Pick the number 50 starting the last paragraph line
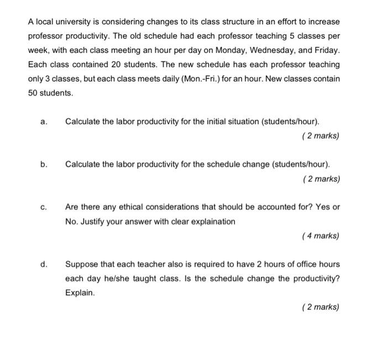tap(33, 93)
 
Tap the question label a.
tap(44, 121)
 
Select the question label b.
tap(44, 165)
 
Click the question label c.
tap(44, 208)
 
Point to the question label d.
tap(44, 264)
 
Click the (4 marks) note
tap(321, 236)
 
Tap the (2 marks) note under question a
tap(321, 136)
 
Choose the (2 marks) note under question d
tap(321, 307)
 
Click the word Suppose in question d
tap(81, 264)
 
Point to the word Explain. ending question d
tap(80, 293)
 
